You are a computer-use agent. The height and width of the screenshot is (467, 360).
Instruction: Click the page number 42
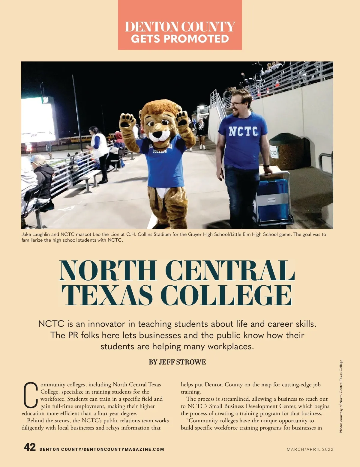pos(30,447)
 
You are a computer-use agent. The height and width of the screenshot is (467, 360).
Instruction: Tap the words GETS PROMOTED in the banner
pos(180,39)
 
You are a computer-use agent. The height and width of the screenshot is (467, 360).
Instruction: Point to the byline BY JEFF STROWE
pos(177,362)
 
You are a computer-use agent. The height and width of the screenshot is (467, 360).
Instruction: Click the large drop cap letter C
pos(31,395)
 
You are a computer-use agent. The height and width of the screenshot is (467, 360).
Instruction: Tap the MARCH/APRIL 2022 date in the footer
pos(310,449)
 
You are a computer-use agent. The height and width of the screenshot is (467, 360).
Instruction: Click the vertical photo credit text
pos(341,396)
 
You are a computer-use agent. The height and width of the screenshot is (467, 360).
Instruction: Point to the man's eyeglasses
pos(237,104)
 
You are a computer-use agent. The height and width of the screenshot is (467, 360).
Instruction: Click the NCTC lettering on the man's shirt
pos(243,132)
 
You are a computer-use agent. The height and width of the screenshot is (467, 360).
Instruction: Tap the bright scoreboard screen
pos(37,118)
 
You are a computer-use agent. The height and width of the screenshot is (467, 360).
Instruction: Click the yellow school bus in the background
pos(76,139)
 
